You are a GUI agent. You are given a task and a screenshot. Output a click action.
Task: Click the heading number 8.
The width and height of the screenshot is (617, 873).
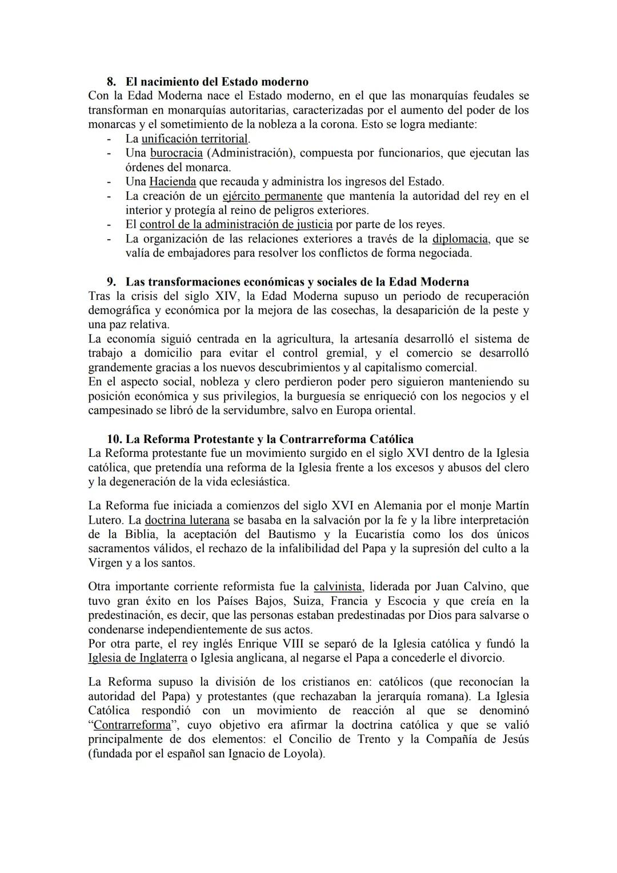pyautogui.click(x=111, y=81)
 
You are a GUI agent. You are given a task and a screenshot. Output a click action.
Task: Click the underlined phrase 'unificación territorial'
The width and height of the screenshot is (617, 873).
pyautogui.click(x=194, y=139)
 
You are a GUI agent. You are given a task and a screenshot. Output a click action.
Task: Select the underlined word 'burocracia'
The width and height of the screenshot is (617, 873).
pyautogui.click(x=176, y=153)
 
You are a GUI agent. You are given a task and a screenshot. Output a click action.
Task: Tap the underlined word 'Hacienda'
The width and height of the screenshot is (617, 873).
pyautogui.click(x=172, y=182)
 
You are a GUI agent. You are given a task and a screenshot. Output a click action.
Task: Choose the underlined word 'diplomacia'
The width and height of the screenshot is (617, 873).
pyautogui.click(x=459, y=239)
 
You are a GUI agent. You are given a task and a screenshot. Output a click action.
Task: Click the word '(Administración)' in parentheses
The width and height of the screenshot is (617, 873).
pyautogui.click(x=249, y=153)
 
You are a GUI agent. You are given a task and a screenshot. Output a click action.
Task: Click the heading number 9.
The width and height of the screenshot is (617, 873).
pyautogui.click(x=111, y=281)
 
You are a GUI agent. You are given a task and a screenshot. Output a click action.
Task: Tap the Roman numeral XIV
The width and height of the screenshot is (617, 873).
pyautogui.click(x=229, y=296)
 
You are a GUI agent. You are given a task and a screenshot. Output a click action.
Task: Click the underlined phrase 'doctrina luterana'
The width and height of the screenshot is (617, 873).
pyautogui.click(x=187, y=520)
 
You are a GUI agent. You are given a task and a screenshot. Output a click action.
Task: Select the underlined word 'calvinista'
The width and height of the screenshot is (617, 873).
pyautogui.click(x=337, y=586)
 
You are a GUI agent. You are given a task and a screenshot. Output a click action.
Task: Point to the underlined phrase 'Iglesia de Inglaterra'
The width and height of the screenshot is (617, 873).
pyautogui.click(x=138, y=658)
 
